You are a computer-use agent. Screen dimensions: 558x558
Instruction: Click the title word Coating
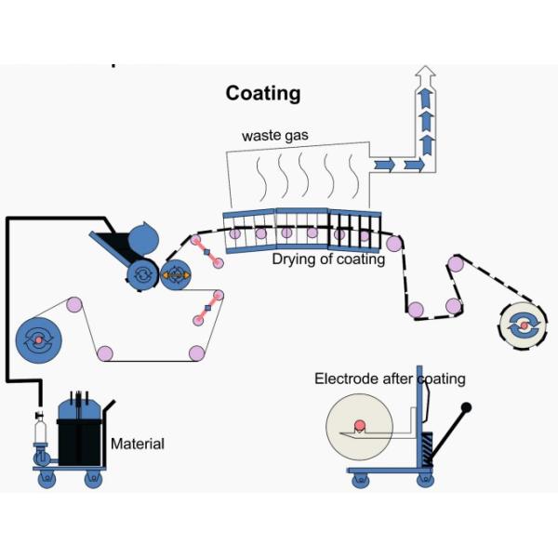click(263, 94)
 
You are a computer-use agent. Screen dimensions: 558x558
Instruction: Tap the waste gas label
click(275, 136)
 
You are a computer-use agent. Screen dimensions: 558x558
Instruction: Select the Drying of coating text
click(328, 259)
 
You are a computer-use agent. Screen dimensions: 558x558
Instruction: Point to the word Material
click(137, 444)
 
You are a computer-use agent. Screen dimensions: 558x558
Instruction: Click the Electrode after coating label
click(390, 379)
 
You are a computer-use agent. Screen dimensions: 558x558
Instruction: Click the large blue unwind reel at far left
click(39, 340)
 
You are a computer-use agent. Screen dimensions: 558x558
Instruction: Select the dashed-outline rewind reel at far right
click(525, 325)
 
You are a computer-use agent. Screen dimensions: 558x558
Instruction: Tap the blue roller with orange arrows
click(175, 275)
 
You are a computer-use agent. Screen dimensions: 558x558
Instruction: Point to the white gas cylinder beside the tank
click(40, 433)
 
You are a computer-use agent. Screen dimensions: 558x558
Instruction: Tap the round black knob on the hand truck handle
click(465, 407)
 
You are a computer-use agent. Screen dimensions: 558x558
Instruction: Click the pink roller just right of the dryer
click(394, 244)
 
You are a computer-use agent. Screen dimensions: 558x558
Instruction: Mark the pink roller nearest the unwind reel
click(73, 304)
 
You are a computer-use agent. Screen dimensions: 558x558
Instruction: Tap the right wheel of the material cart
click(93, 480)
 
